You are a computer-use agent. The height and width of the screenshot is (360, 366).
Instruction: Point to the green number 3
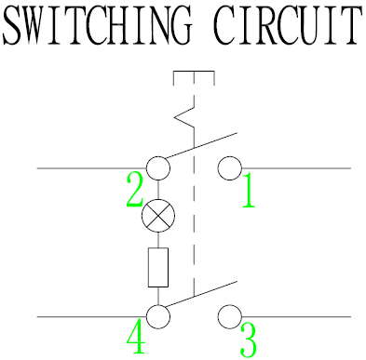coord(248,340)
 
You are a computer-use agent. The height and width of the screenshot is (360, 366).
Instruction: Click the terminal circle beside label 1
coord(229,168)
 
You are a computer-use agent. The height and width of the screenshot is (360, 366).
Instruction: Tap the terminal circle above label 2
coord(158,168)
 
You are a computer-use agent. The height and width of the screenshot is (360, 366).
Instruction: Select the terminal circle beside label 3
coord(229,316)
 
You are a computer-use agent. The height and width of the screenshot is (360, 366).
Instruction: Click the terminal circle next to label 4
coord(158,316)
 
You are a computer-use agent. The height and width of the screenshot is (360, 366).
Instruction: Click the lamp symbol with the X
coord(158,217)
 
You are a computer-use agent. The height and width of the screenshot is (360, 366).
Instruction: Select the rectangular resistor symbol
coord(158,267)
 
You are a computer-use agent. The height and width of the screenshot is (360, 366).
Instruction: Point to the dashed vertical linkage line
coord(193,233)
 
